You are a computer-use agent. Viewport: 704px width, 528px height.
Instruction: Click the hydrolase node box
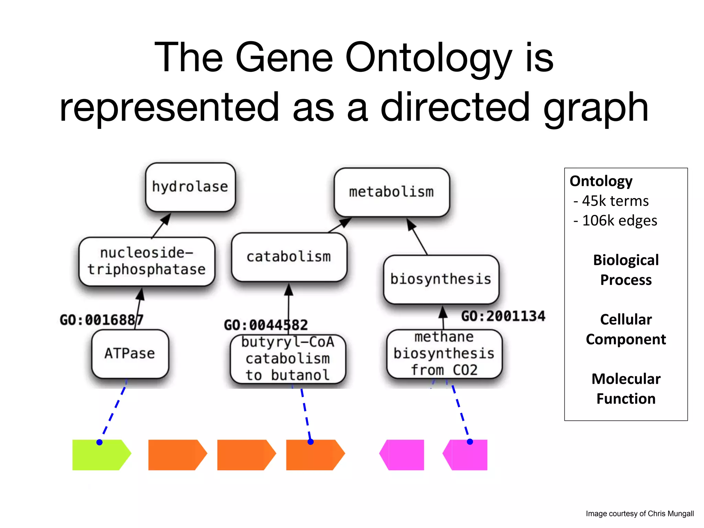(190, 187)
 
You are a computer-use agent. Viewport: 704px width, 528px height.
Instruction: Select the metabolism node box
(392, 192)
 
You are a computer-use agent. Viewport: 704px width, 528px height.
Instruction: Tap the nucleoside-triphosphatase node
(147, 261)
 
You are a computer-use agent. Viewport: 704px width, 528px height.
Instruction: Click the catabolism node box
(289, 257)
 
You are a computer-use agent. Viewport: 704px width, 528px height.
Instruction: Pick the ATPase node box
(130, 353)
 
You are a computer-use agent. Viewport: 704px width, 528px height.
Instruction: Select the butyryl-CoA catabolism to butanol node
(288, 359)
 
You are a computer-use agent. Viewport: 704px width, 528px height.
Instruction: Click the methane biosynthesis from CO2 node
(444, 354)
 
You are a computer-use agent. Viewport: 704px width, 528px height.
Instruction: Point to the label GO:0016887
(101, 320)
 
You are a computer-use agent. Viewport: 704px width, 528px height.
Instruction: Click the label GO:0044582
(266, 325)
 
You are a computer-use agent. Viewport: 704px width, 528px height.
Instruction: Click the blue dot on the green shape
(99, 442)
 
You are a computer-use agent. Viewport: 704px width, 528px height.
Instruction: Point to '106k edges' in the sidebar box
(619, 221)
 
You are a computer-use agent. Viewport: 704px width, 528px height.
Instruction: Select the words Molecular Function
(626, 389)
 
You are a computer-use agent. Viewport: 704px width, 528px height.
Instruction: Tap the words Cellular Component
(626, 329)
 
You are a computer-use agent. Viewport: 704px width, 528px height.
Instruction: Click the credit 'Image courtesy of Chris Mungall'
(639, 514)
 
